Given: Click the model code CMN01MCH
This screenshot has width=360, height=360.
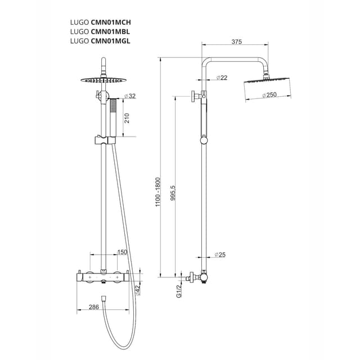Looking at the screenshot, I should [x=111, y=22].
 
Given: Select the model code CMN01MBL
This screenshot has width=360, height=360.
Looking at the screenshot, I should [x=110, y=31].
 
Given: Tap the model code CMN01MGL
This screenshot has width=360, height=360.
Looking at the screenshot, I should [x=111, y=40].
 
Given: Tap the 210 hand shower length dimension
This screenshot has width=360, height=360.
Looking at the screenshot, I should [x=127, y=118].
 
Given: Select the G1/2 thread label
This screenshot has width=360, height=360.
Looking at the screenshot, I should [x=178, y=291].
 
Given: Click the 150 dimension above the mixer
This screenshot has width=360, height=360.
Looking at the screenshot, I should [x=121, y=252].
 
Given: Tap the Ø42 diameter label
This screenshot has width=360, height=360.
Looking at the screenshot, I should [x=137, y=289].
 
